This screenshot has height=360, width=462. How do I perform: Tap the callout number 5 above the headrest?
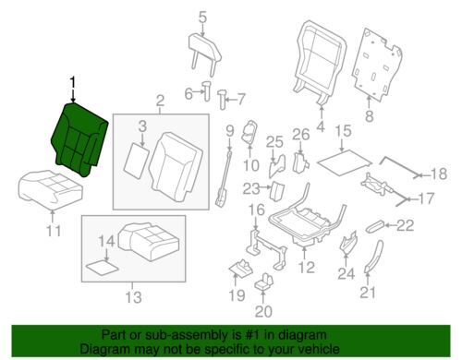coord(202,18)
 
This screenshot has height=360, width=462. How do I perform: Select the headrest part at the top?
coord(204,53)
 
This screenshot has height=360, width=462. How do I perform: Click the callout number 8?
coord(369,116)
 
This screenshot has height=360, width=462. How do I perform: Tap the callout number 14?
coord(106,241)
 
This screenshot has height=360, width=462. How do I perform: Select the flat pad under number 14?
coord(102,267)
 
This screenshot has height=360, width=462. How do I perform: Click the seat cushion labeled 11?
coord(51,188)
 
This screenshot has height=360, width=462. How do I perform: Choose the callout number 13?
coord(133,297)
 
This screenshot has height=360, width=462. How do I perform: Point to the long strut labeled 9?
coord(225,177)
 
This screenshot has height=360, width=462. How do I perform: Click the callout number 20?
coord(263,311)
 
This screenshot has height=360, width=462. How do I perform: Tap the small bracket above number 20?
coord(263,282)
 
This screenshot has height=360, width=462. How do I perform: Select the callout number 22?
coord(405,226)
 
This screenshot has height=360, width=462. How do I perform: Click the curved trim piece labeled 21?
coord(374,256)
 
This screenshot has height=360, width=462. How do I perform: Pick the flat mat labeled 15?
coord(345,162)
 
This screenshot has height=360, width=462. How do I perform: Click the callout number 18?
coord(439,174)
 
